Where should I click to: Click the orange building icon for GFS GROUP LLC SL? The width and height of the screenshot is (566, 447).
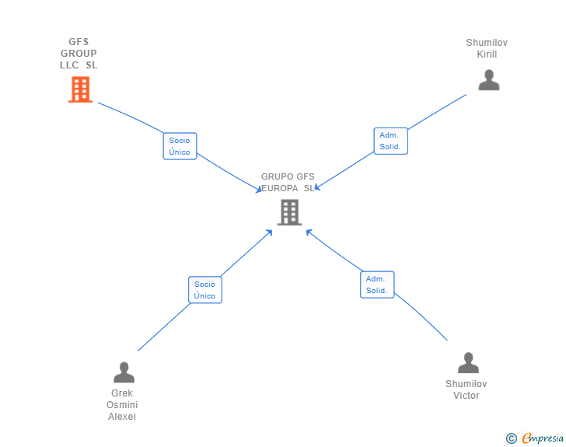[x=80, y=90]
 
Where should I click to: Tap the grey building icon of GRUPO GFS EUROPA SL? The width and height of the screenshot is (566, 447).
[x=289, y=212]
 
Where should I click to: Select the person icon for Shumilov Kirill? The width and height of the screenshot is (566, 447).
[x=488, y=80]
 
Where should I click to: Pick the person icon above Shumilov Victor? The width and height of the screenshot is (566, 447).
[x=468, y=363]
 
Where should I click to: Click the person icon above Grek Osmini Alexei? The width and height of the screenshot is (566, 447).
[x=124, y=372]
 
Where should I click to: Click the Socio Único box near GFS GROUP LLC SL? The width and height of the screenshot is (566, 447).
[x=180, y=146]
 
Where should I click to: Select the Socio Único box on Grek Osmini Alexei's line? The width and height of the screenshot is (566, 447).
[x=204, y=290]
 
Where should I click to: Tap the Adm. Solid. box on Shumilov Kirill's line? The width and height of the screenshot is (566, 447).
[x=390, y=141]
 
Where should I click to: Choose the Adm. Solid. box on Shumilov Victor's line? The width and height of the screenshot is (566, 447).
[x=377, y=285]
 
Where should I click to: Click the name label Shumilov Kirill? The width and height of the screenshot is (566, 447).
[x=487, y=48]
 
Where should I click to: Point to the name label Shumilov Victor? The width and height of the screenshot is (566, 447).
[x=466, y=389]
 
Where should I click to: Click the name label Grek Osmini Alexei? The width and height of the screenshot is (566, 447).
[x=122, y=404]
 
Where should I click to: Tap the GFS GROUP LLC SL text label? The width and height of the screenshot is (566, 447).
[x=79, y=54]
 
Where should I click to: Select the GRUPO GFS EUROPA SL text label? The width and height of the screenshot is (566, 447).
[x=288, y=182]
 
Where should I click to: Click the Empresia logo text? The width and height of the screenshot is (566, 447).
[x=543, y=438]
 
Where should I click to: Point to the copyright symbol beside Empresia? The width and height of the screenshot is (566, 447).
[x=512, y=438]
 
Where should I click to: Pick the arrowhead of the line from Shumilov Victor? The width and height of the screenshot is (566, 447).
[x=308, y=231]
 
